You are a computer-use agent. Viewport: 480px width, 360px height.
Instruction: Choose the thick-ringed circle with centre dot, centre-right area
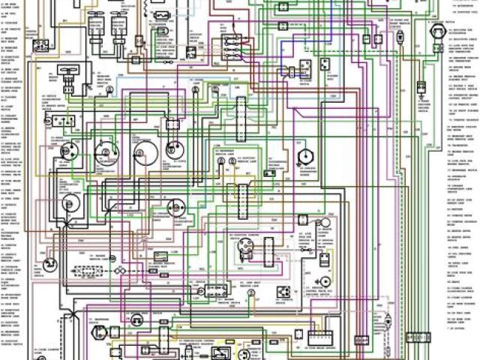click(304, 156)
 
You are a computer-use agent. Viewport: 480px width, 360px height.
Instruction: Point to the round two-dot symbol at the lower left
click(49, 263)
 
